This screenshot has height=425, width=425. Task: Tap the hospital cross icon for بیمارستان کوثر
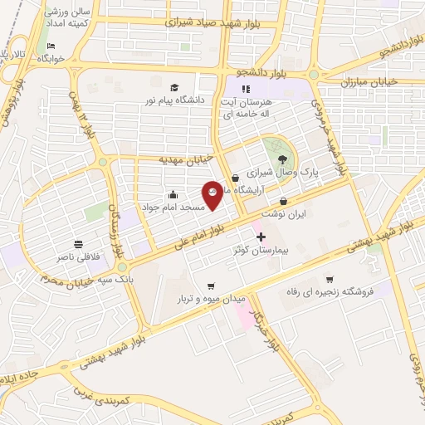click(261, 237)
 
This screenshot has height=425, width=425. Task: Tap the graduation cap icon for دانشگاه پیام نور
click(174, 88)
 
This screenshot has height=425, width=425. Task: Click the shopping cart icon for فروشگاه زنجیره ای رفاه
click(330, 279)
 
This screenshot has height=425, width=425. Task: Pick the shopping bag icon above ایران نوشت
click(284, 200)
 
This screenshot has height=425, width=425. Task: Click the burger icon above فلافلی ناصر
click(78, 244)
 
